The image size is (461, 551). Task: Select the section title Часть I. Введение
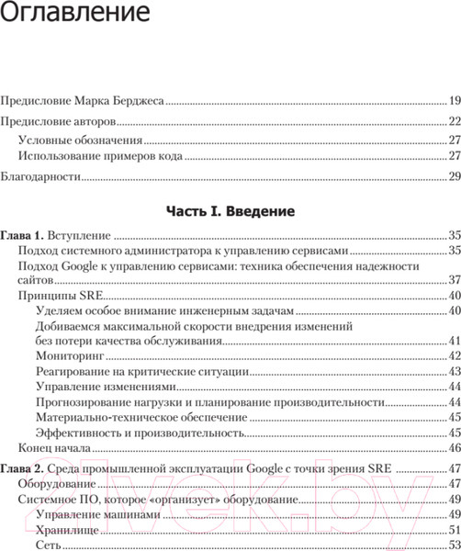[x=230, y=211]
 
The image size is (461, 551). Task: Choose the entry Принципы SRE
[x=61, y=296]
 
